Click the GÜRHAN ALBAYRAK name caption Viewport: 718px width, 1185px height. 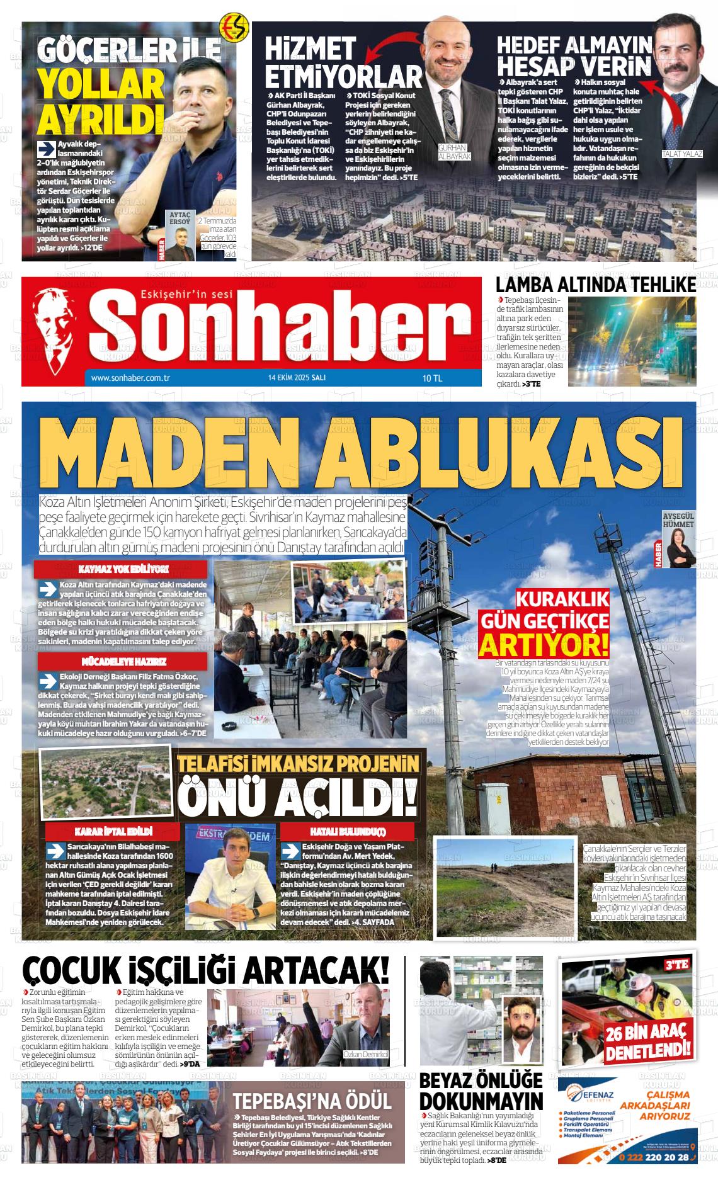click(455, 152)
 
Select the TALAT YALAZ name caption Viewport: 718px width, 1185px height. click(681, 154)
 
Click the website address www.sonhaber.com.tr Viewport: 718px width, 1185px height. click(132, 378)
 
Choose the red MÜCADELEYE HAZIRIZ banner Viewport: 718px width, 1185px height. click(123, 662)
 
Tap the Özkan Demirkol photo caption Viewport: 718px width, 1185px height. click(366, 1054)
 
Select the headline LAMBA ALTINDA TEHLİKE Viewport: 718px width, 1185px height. click(595, 285)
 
